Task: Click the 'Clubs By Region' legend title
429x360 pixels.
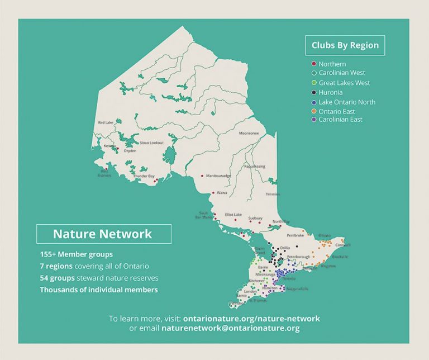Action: (x=345, y=45)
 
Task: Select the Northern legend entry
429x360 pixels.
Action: (x=332, y=64)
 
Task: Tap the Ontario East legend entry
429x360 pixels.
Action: (x=336, y=111)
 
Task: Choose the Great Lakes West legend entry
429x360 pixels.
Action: (x=344, y=83)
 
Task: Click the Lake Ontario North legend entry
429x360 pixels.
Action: (x=347, y=102)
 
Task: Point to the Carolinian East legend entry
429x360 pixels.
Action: (x=340, y=120)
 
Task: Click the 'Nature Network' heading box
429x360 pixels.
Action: (x=103, y=234)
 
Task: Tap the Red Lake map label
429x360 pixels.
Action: (x=105, y=122)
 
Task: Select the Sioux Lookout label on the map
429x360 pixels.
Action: (x=151, y=143)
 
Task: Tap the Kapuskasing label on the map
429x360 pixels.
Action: (x=255, y=166)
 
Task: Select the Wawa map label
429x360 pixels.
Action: (x=222, y=193)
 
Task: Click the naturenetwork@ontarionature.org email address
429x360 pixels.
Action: (x=231, y=328)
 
